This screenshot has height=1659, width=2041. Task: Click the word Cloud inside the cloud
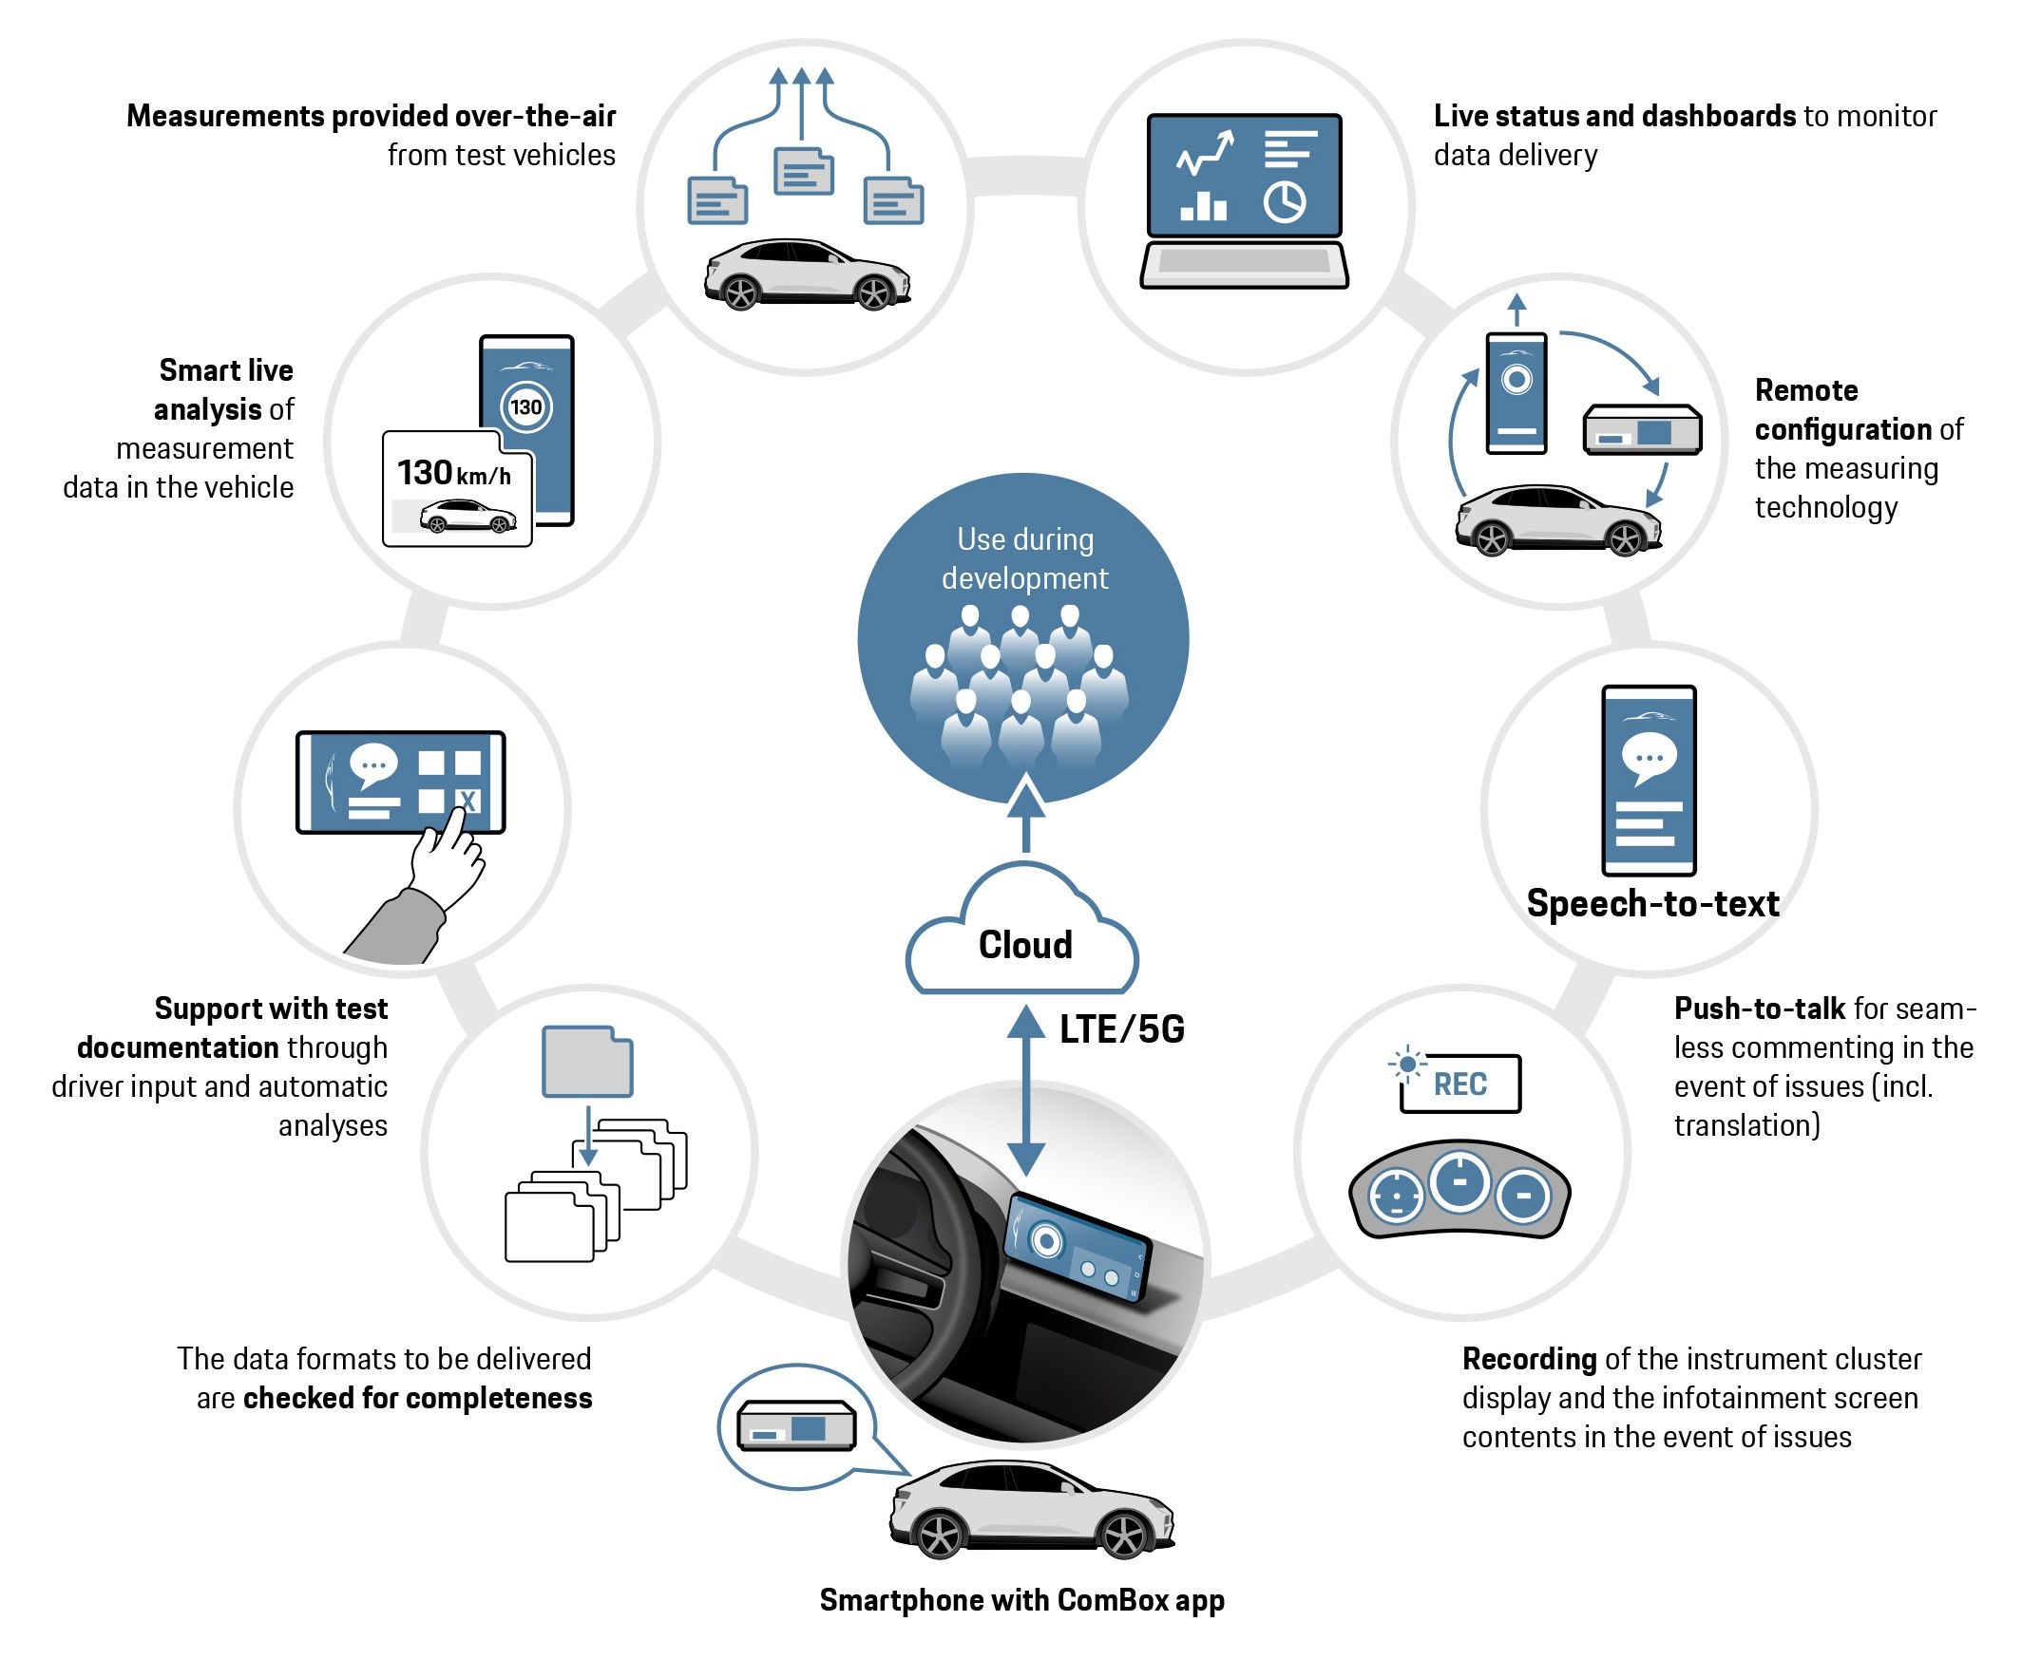[x=1024, y=944]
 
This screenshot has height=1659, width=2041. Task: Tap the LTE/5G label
[x=1121, y=1029]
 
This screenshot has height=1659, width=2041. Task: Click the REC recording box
[x=1459, y=1084]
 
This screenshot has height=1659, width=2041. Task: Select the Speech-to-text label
[x=1652, y=903]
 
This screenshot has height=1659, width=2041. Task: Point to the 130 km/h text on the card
[x=453, y=473]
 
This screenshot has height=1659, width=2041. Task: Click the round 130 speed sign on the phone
[x=525, y=407]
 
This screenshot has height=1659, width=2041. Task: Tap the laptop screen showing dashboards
[x=1244, y=176]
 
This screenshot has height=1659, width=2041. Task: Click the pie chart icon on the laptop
[x=1284, y=202]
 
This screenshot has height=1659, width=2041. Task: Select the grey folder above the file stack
[x=586, y=1062]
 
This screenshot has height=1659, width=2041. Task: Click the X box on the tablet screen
[x=467, y=800]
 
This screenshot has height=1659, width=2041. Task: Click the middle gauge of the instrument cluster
[x=1459, y=1182]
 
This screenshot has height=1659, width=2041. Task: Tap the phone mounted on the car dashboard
[x=1075, y=1246]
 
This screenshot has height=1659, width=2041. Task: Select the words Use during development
[x=1024, y=559]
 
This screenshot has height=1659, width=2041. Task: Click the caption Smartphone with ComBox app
[x=1021, y=1600]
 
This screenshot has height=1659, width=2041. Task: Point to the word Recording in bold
[x=1529, y=1359]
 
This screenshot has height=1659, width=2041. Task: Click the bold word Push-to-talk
[x=1759, y=1009]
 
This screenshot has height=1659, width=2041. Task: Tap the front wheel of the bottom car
[x=1124, y=1537]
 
